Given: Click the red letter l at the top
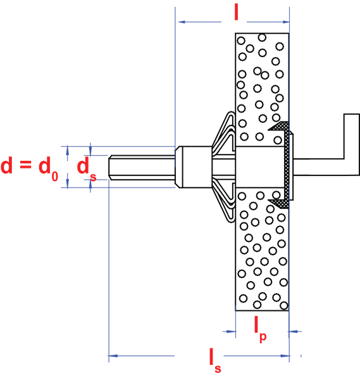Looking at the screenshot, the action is (x=236, y=13).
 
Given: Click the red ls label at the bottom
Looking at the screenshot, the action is (x=215, y=360).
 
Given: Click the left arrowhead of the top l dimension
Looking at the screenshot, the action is (x=182, y=22).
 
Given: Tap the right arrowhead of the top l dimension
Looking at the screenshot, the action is (x=286, y=22).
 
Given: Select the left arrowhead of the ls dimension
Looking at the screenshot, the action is (x=113, y=356).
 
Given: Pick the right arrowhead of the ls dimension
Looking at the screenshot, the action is (x=285, y=356).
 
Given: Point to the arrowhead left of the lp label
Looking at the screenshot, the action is (x=232, y=331).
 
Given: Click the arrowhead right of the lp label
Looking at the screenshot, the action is (x=293, y=331).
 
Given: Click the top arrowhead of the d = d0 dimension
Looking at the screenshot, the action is (x=68, y=150).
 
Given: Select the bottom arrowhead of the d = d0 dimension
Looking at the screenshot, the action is (x=68, y=184).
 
